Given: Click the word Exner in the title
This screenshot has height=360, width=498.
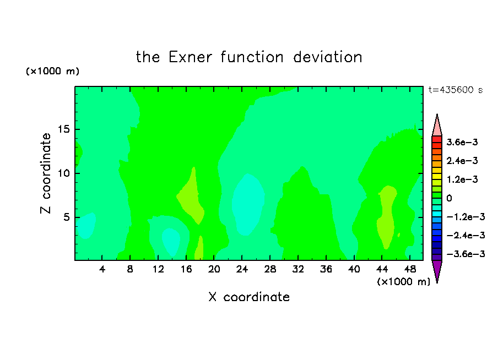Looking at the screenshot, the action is tap(190, 57).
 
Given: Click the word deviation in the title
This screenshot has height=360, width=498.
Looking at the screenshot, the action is tap(327, 57).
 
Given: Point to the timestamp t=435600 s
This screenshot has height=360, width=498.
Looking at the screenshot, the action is tap(456, 90).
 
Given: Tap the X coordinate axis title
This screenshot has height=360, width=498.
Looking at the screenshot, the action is tap(249, 297).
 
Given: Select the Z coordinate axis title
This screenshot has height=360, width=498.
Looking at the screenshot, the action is tap(46, 173).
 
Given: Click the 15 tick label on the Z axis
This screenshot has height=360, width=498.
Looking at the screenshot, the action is tap(64, 129).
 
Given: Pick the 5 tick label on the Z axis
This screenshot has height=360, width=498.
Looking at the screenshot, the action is tap(66, 217).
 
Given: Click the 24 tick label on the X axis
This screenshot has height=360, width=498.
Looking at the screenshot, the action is tap(242, 269).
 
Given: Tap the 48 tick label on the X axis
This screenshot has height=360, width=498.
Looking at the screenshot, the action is tap(410, 269).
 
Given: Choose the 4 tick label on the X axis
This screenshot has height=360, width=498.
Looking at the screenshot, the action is tap(102, 269).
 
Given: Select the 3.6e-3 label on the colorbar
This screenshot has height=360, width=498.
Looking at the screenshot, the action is tap(462, 142).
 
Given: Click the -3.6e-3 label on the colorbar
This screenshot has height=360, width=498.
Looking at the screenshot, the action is tap(466, 254).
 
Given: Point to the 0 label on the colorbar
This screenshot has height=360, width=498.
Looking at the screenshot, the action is tap(449, 198).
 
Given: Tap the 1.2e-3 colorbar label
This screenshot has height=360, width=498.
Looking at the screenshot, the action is tap(462, 179).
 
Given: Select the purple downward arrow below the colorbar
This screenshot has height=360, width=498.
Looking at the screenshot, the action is tap(437, 270).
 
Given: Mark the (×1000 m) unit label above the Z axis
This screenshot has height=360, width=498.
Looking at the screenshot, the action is tap(52, 71).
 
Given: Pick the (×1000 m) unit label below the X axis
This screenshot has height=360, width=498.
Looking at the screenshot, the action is tap(403, 282).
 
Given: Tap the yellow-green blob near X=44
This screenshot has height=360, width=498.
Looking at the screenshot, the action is tap(387, 216).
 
